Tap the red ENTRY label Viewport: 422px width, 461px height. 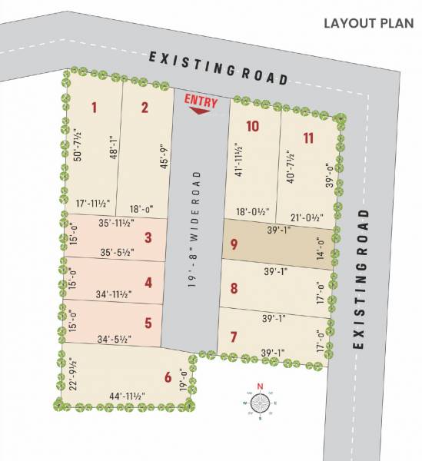point(201,101)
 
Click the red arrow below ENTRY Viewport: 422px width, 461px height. point(199,111)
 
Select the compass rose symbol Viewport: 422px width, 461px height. point(261,402)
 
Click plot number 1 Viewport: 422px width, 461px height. point(94,107)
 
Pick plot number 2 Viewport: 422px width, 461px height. point(145,107)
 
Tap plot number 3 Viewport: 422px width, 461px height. point(148,237)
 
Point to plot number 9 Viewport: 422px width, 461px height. point(234,245)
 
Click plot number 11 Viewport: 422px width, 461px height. point(308,138)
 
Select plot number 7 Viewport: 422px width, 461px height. point(234,337)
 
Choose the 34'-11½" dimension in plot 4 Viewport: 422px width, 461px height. point(114,294)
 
